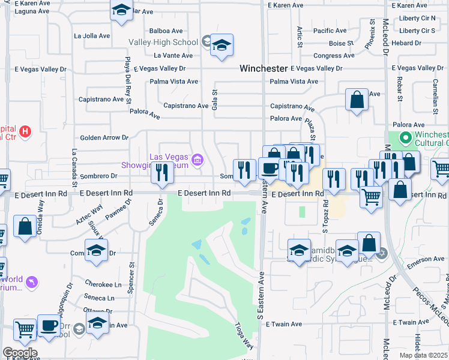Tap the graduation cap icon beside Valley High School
point(222,46)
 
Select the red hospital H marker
point(25,131)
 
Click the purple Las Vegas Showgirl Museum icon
point(197,160)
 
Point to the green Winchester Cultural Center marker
point(406,139)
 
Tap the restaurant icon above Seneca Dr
point(162,172)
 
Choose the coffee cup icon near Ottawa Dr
point(49,326)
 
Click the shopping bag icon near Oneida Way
point(25,227)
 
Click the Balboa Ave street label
point(166,31)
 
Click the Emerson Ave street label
point(426,259)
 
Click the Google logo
point(19,352)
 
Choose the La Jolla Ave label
point(92,36)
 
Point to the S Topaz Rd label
point(325,215)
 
